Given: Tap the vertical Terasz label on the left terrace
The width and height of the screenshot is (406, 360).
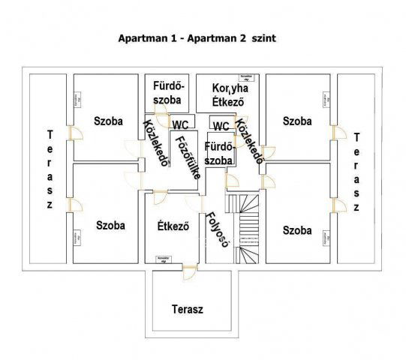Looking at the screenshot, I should click(x=50, y=170).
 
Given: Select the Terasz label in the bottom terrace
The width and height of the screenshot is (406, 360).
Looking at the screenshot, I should click(x=187, y=309).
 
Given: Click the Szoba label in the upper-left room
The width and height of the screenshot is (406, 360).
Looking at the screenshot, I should click(x=109, y=121).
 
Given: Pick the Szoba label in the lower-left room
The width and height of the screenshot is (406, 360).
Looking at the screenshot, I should click(x=110, y=225).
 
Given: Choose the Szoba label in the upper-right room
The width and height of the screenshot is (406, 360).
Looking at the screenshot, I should click(x=297, y=121).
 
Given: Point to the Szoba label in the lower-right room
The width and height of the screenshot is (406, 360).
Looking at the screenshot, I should click(x=297, y=230).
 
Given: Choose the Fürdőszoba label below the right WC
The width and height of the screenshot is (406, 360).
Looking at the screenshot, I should click(x=220, y=154).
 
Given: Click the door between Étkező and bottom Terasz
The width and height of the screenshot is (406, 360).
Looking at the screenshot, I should click(x=188, y=273).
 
